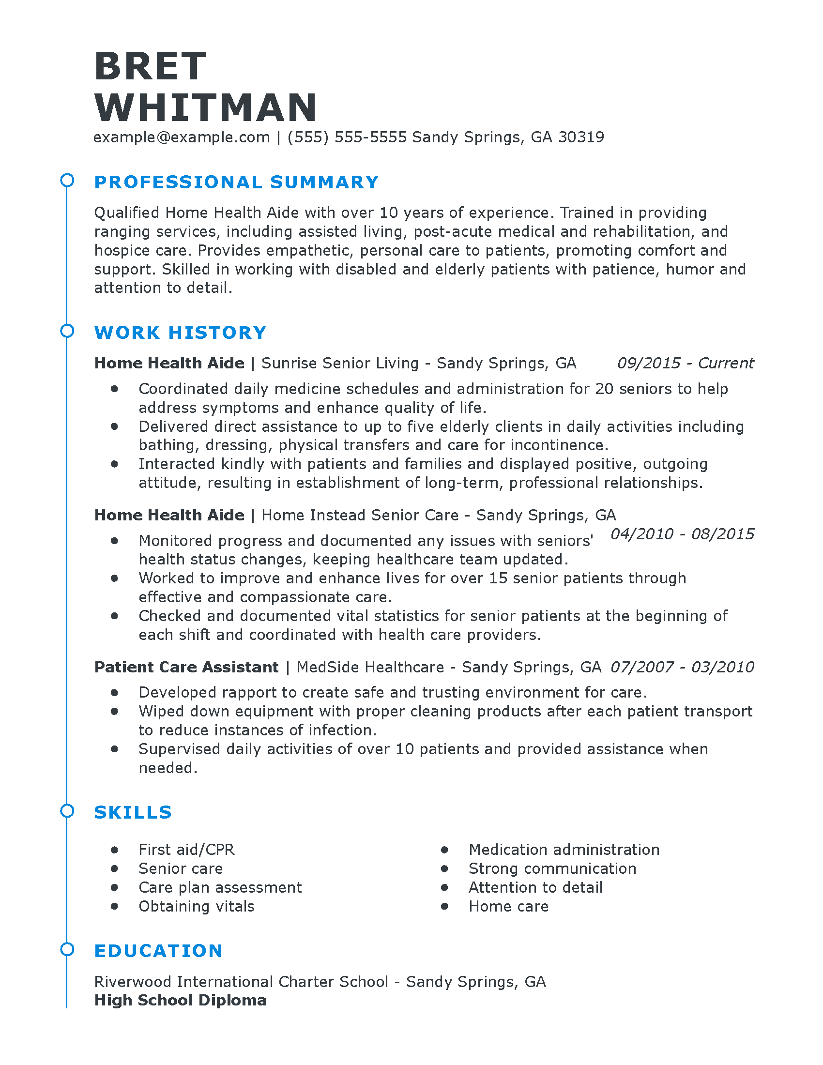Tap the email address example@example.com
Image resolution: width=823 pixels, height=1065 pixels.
182,137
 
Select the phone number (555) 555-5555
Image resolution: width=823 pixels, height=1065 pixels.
347,137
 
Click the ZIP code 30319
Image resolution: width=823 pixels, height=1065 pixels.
581,137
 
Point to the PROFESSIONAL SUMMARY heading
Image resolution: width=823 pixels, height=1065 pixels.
236,182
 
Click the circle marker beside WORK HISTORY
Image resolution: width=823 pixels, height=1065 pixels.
67,331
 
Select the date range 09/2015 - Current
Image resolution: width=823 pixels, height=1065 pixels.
685,363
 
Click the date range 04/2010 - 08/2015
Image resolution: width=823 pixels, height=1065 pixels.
682,534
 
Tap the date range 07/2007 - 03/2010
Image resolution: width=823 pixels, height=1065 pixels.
682,667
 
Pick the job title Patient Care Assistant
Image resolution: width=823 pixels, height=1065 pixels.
186,667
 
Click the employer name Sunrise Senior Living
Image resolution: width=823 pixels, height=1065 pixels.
340,363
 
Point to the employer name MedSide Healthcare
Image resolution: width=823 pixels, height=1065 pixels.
370,667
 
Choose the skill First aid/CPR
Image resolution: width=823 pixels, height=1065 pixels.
186,850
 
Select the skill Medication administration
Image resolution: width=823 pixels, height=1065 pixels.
564,850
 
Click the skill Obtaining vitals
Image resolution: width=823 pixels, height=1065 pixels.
197,906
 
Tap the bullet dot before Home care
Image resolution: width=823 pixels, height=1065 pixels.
444,906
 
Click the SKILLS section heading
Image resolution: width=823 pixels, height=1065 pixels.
133,812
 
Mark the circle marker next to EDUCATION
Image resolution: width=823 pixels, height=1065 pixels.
67,949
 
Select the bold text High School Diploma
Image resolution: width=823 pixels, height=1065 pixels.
181,1000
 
